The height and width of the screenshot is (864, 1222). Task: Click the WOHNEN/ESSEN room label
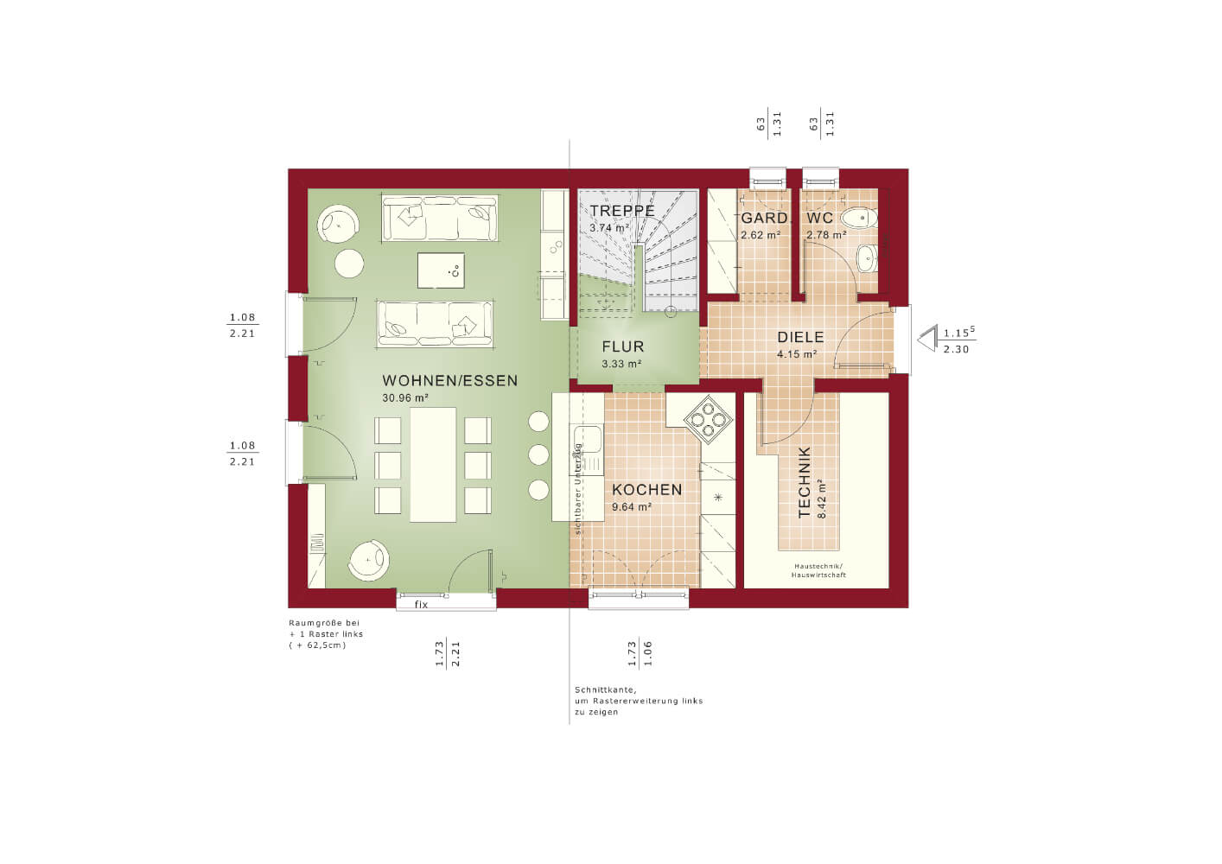[x=450, y=381]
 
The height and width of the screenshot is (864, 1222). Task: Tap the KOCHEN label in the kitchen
[x=647, y=490]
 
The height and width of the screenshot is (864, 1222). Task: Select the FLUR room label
[x=623, y=346]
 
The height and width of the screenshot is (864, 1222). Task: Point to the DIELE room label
[x=800, y=337]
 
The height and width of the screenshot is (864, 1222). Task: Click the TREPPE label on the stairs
[x=622, y=211]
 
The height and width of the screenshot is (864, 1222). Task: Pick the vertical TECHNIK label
[x=804, y=482]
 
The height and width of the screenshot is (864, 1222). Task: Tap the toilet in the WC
[x=859, y=219]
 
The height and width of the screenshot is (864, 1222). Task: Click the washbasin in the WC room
[x=868, y=258]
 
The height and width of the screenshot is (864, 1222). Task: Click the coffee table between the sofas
[x=441, y=270]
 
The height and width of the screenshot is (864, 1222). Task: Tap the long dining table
[x=433, y=465]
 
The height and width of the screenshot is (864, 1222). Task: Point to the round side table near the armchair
[x=349, y=264]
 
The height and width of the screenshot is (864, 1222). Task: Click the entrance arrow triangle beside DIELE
[x=926, y=340]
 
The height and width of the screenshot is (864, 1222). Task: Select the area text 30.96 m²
[x=405, y=398]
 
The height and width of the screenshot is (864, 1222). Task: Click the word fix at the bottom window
[x=421, y=604]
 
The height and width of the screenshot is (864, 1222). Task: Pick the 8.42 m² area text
[x=822, y=499]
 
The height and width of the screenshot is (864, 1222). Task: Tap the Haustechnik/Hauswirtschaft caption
[x=818, y=570]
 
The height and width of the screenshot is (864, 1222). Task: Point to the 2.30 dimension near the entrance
[x=957, y=350]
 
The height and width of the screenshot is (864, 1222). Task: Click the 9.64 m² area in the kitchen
[x=632, y=507]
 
